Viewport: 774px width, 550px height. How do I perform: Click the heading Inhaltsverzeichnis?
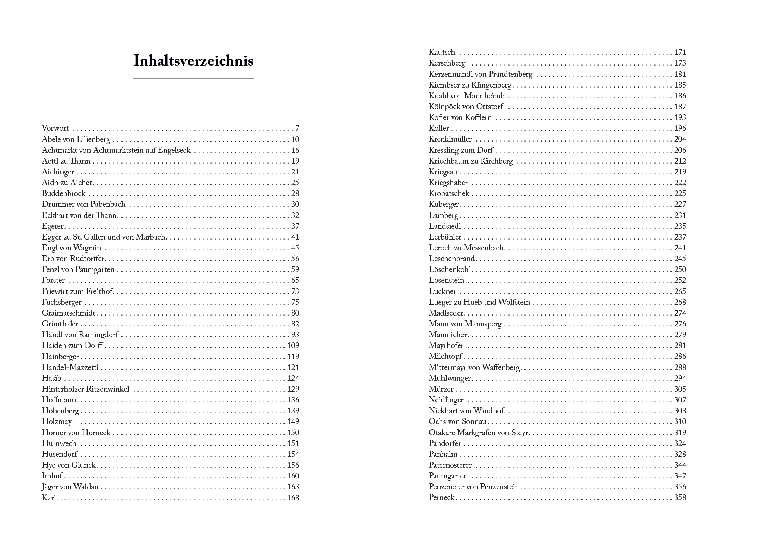[x=193, y=61]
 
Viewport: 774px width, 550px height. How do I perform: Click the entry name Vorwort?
[x=55, y=129]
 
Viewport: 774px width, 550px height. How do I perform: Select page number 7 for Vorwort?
[x=297, y=129]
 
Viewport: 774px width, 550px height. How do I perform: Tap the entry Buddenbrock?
[x=64, y=194]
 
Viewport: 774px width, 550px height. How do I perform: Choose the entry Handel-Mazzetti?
[x=70, y=368]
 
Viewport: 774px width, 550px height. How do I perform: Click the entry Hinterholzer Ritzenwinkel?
[x=85, y=389]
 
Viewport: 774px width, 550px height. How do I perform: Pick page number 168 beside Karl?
[x=293, y=498]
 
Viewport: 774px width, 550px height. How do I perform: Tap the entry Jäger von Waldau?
[x=70, y=487]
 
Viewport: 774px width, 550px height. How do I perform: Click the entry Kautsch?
[x=442, y=53]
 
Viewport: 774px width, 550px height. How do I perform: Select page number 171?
[x=680, y=53]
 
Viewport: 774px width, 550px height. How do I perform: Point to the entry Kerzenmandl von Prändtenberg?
[x=480, y=75]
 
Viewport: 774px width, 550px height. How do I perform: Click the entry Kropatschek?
[x=449, y=194]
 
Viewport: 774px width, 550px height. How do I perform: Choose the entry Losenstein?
[x=446, y=281]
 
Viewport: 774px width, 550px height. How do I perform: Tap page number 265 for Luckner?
[x=680, y=292]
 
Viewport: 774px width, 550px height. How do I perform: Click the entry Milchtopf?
[x=445, y=357]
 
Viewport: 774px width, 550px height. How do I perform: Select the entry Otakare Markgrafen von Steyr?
[x=479, y=433]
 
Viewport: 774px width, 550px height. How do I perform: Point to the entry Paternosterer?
[x=450, y=465]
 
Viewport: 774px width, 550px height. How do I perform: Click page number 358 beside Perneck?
[x=680, y=498]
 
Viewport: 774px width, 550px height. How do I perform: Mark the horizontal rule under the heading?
[x=193, y=79]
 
